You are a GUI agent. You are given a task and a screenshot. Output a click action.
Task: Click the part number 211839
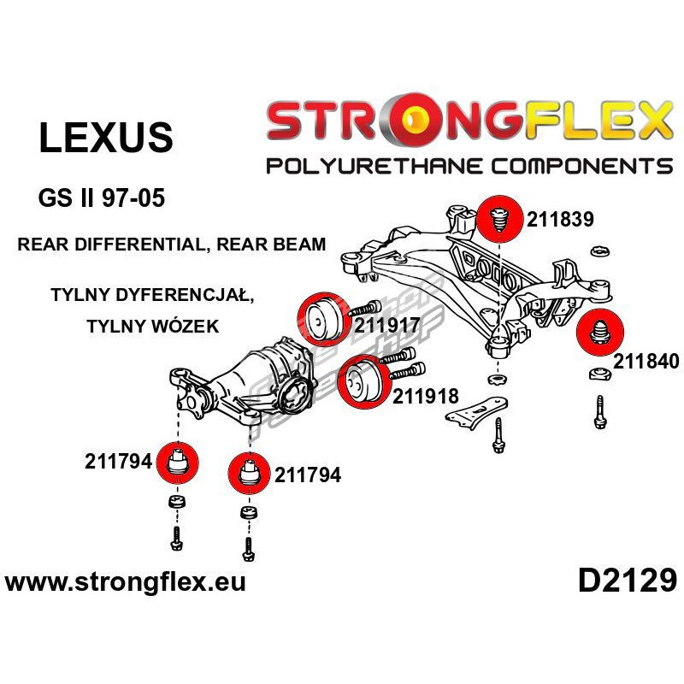click(x=560, y=219)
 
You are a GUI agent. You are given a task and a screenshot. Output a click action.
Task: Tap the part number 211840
click(x=646, y=361)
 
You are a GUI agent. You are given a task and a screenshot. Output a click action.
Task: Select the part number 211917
click(x=387, y=325)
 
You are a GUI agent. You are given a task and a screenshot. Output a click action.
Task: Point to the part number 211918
click(x=426, y=396)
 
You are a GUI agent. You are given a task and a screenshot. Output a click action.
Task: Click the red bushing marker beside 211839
click(x=499, y=219)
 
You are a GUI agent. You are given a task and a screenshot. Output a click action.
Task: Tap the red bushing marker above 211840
click(x=600, y=333)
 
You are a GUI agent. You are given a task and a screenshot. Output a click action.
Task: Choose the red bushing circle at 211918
click(x=363, y=382)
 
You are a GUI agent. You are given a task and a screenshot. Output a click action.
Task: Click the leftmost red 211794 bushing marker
click(x=177, y=463)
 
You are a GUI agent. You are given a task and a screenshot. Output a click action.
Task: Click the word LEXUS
click(x=106, y=138)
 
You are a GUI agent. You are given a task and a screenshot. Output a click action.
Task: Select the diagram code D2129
click(x=628, y=581)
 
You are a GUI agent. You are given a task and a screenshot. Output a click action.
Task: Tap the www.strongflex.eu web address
click(x=125, y=582)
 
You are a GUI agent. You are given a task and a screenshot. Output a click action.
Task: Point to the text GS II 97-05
click(x=101, y=198)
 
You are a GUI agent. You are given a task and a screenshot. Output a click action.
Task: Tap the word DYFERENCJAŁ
click(x=184, y=295)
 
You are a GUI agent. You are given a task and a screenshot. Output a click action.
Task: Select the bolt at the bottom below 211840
click(x=600, y=412)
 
